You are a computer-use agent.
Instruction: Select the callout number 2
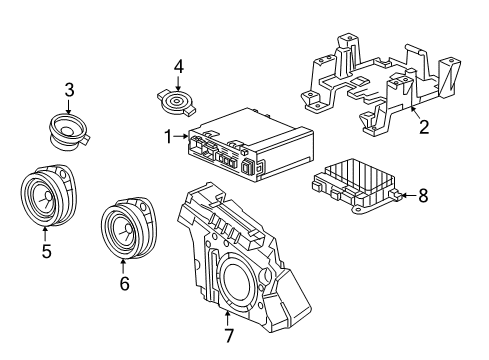pos(423,127)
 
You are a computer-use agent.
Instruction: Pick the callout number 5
pos(46,251)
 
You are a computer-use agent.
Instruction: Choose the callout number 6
pos(124,283)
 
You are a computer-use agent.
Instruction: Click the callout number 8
pos(422,197)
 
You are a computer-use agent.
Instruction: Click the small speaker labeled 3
pos(68,128)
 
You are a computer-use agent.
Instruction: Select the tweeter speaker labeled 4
pos(179,102)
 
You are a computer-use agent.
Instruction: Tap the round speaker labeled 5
pos(44,199)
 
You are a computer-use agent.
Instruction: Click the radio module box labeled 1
pos(246,146)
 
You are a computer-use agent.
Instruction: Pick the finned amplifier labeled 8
pos(355,187)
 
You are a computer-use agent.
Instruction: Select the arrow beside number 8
pos(406,197)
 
